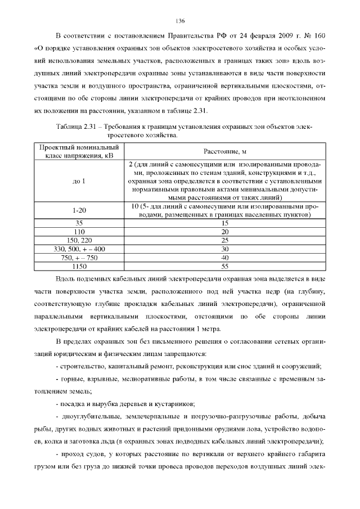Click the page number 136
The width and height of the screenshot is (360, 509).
[x=180, y=21]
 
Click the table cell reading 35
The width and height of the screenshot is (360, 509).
[x=79, y=223]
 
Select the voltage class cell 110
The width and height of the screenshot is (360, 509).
[x=79, y=231]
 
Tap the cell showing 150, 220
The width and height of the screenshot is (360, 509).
[x=79, y=240]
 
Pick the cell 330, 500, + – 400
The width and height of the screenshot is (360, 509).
[x=79, y=249]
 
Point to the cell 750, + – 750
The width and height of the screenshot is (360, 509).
[x=79, y=257]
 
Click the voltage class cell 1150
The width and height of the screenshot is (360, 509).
[x=79, y=265]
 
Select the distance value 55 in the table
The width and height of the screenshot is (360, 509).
[x=224, y=265]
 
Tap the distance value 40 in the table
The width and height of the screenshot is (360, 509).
[x=224, y=257]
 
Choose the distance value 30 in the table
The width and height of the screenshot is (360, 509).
[x=224, y=249]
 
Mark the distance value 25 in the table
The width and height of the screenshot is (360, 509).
[x=224, y=240]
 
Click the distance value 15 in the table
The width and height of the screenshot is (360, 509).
[x=224, y=223]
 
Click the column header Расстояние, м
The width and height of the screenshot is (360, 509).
[x=224, y=151]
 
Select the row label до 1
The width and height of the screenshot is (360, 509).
[x=79, y=181]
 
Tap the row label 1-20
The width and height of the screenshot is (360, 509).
[x=79, y=210]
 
